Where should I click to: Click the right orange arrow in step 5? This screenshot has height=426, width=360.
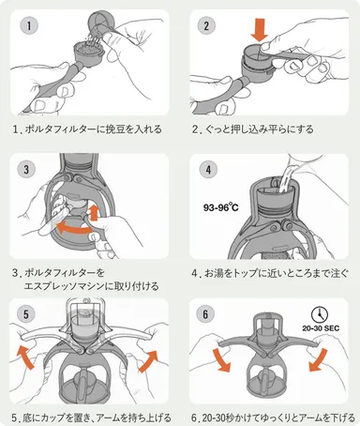pyautogui.click(x=149, y=358)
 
